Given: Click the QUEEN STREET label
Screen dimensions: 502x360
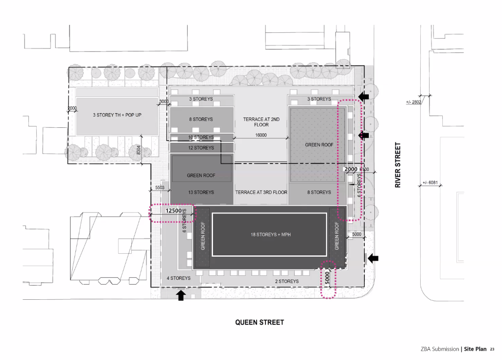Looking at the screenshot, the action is pyautogui.click(x=259, y=322).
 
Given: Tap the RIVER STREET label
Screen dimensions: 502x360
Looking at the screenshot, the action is pyautogui.click(x=398, y=165).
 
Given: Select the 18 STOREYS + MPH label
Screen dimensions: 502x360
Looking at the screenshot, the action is pyautogui.click(x=270, y=235).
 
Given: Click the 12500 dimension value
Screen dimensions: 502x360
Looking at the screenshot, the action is pyautogui.click(x=173, y=211).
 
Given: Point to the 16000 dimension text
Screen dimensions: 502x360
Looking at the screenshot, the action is pyautogui.click(x=261, y=135).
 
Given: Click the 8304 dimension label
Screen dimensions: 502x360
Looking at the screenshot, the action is pyautogui.click(x=139, y=150).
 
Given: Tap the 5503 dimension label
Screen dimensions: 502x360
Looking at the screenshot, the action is pyautogui.click(x=160, y=188).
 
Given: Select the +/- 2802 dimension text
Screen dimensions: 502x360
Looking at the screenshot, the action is pyautogui.click(x=414, y=102).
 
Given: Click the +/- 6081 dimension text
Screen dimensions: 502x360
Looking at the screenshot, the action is pyautogui.click(x=430, y=183).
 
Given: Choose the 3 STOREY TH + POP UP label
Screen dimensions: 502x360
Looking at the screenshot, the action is pyautogui.click(x=117, y=115).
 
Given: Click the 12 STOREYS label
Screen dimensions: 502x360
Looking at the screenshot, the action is pyautogui.click(x=201, y=147).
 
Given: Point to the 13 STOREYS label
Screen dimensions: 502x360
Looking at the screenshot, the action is pyautogui.click(x=201, y=192).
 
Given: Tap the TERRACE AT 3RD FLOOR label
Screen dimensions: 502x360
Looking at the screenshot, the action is pyautogui.click(x=261, y=192).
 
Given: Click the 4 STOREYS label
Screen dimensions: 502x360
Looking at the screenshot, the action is pyautogui.click(x=179, y=278).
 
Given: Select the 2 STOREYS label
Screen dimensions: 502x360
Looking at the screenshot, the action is pyautogui.click(x=287, y=281).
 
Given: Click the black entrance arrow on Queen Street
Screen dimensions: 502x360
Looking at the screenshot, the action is pyautogui.click(x=181, y=295).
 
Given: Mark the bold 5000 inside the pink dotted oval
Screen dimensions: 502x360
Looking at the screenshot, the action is pyautogui.click(x=327, y=278).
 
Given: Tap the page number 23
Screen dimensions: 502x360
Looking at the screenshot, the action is pyautogui.click(x=492, y=349).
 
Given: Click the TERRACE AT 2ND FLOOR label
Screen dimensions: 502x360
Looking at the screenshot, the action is pyautogui.click(x=261, y=121).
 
